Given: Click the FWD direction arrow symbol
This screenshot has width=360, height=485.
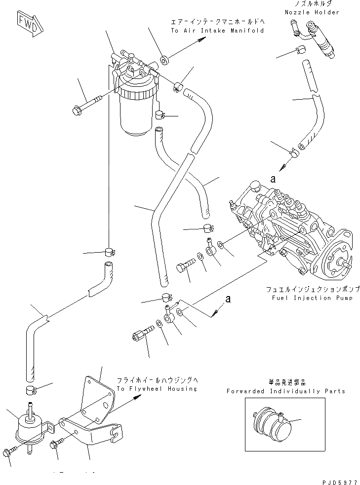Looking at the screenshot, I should [29, 24].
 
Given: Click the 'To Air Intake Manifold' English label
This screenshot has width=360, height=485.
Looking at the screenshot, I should [217, 31].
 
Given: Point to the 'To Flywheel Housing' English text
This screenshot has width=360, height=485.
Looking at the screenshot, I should [157, 388].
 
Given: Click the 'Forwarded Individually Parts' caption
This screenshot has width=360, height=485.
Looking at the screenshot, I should [286, 391].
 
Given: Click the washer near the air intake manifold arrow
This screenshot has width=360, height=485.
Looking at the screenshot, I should [165, 60].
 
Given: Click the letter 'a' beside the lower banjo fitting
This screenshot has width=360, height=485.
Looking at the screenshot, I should [228, 298].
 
